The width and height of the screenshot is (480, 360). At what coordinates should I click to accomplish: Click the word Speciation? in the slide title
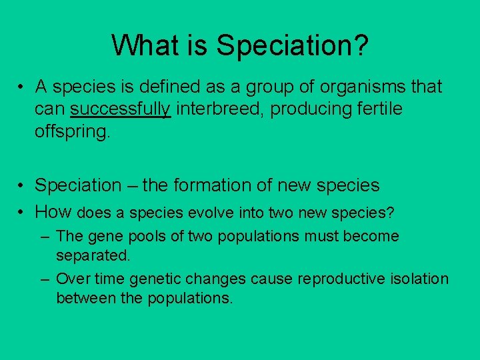293,46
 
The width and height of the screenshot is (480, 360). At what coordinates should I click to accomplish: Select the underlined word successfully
121,109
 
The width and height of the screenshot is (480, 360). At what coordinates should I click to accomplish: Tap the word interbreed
215,109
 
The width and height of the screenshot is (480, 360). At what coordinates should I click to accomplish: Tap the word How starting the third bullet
54,213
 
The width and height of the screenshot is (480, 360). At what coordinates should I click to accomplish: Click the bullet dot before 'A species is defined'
22,87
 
